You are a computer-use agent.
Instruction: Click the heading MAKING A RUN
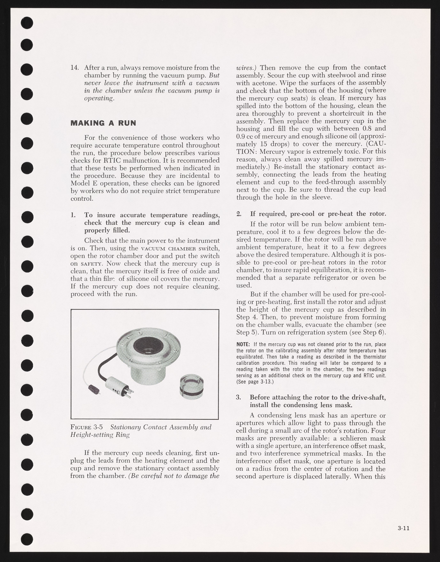(103, 123)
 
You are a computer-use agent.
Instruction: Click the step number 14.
(74, 68)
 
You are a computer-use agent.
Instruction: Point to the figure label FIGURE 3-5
(87, 427)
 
